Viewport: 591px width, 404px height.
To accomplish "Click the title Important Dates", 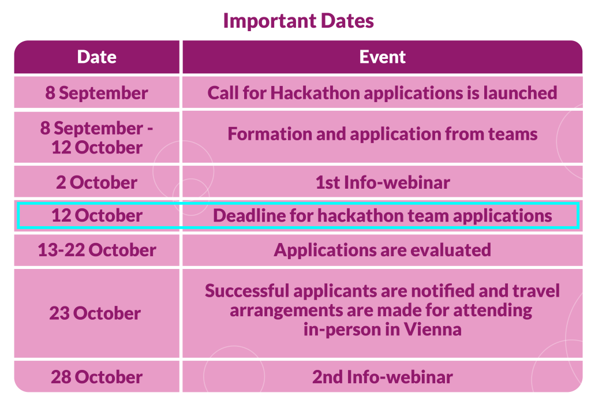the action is click(298, 21).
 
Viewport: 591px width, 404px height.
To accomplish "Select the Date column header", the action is click(97, 57).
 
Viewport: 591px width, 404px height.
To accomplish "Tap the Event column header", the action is click(383, 57).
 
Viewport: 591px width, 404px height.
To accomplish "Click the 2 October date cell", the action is click(97, 182).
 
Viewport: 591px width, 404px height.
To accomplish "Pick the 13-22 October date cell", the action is click(97, 250).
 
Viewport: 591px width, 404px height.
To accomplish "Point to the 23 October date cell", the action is click(97, 313).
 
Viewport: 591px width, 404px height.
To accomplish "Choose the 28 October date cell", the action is click(97, 377).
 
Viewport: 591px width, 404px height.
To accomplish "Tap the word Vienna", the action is click(433, 330).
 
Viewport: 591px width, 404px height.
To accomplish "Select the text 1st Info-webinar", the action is click(383, 182).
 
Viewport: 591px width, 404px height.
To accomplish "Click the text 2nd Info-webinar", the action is click(383, 377).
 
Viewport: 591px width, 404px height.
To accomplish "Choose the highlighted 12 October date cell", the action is click(97, 216).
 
